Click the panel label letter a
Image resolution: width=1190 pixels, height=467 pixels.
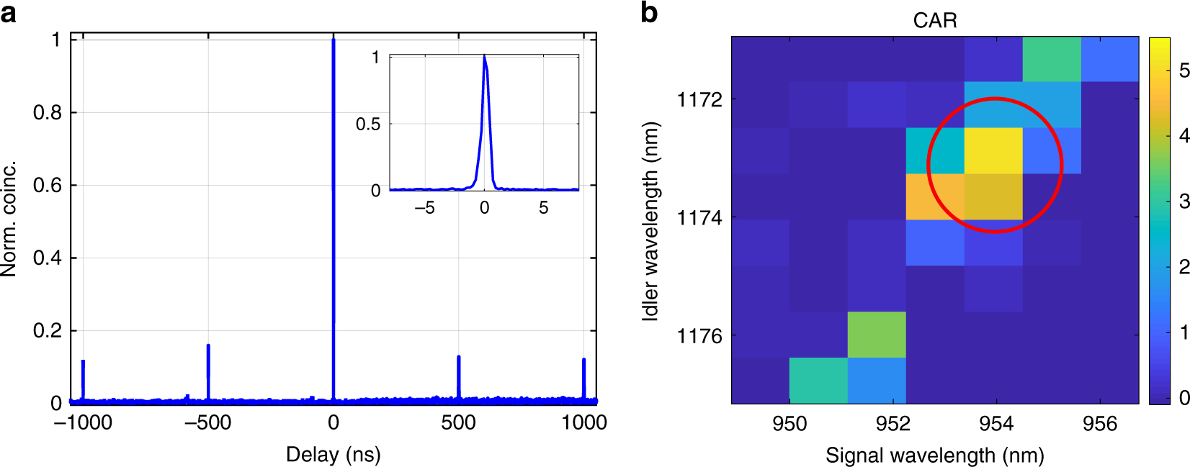[x=8, y=12]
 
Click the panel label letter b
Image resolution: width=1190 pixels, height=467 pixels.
[x=648, y=12]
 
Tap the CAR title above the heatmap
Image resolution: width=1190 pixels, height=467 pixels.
[x=935, y=20]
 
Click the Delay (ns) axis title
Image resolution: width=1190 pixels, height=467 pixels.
[x=333, y=454]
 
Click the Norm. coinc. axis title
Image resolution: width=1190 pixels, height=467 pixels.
[x=9, y=219]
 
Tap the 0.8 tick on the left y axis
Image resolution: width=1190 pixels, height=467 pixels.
[x=47, y=113]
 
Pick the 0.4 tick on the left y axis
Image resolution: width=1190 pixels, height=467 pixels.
[x=47, y=258]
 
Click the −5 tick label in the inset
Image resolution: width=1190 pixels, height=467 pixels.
[x=424, y=208]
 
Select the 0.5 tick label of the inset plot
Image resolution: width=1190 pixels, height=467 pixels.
[x=368, y=124]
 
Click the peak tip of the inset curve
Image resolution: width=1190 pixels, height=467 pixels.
[x=484, y=56]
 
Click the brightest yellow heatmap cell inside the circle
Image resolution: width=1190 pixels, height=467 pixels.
[x=993, y=150]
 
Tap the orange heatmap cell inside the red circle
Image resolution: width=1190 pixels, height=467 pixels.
[x=935, y=196]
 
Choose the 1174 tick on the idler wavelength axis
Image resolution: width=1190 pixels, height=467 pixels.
[x=699, y=217]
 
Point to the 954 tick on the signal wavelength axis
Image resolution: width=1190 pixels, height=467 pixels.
[x=996, y=423]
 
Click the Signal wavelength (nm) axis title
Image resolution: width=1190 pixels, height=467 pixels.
[x=934, y=455]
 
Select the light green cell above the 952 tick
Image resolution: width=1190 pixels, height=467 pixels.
[x=877, y=335]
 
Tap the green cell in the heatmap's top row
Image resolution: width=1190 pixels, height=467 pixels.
[x=1052, y=60]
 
